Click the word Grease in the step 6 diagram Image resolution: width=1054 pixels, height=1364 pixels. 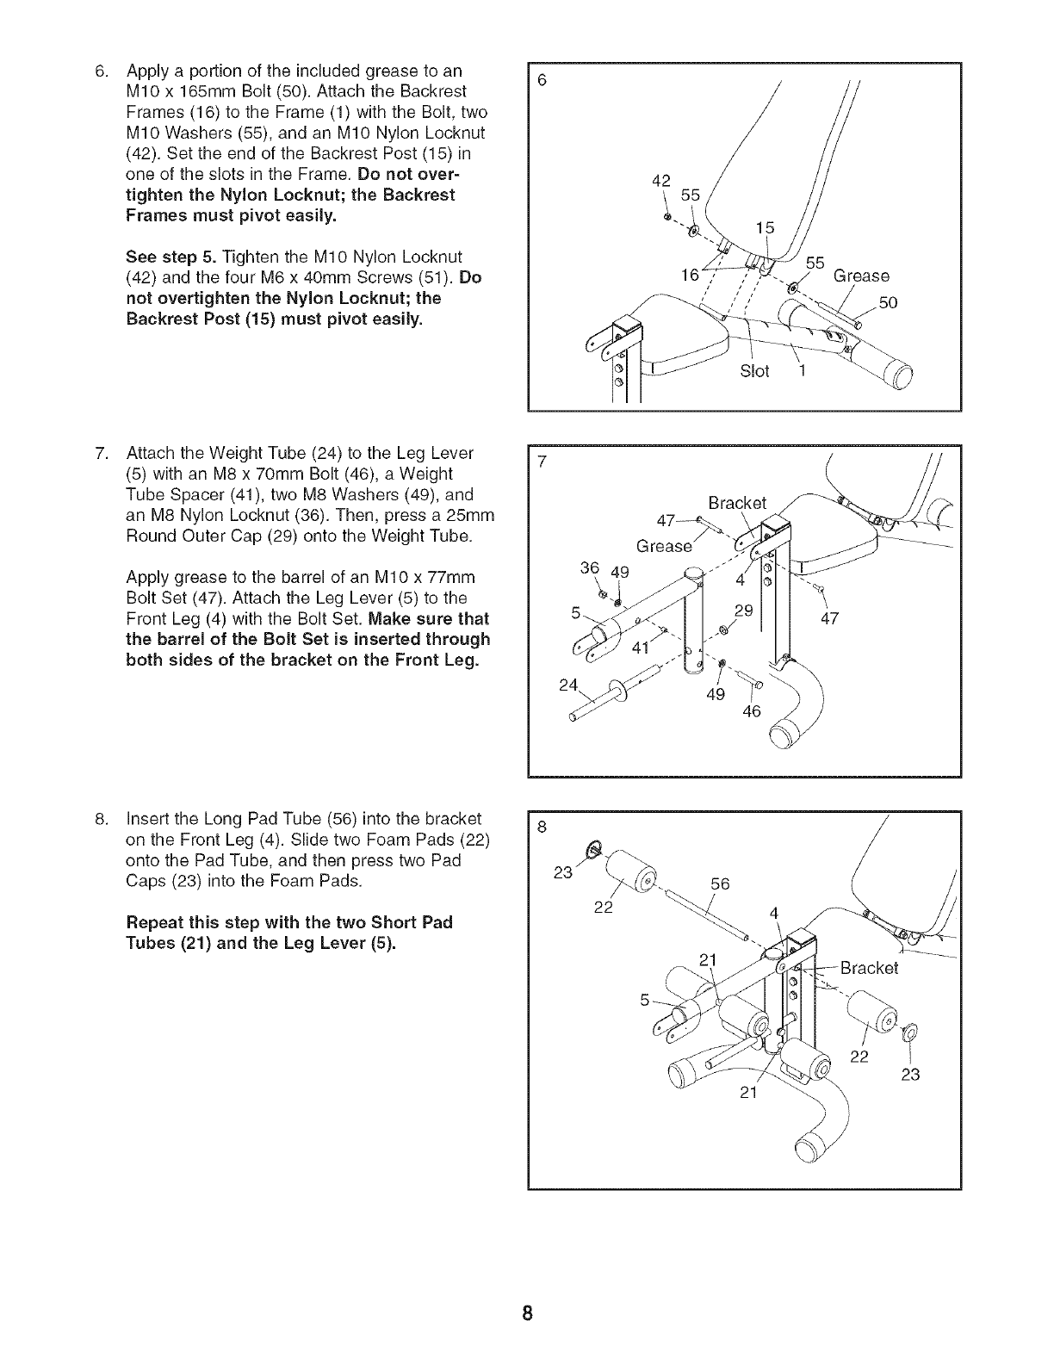[x=860, y=276]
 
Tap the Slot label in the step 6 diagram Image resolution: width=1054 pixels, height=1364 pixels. [x=754, y=371]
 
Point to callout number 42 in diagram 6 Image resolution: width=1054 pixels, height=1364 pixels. [x=661, y=181]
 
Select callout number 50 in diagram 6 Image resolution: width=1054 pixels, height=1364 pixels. [x=887, y=302]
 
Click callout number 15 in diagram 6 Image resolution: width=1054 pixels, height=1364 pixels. [x=765, y=227]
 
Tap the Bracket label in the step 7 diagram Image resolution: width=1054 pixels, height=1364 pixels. [x=736, y=503]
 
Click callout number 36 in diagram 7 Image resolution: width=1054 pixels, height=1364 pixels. [x=589, y=568]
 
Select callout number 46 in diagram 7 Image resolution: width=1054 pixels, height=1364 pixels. [x=752, y=711]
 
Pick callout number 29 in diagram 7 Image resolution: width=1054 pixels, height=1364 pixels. [x=743, y=611]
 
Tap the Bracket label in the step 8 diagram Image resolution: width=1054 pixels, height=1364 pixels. [x=869, y=967]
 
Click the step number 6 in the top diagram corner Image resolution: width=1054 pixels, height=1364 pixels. [x=542, y=80]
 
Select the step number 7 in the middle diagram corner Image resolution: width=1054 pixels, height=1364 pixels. [x=542, y=462]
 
